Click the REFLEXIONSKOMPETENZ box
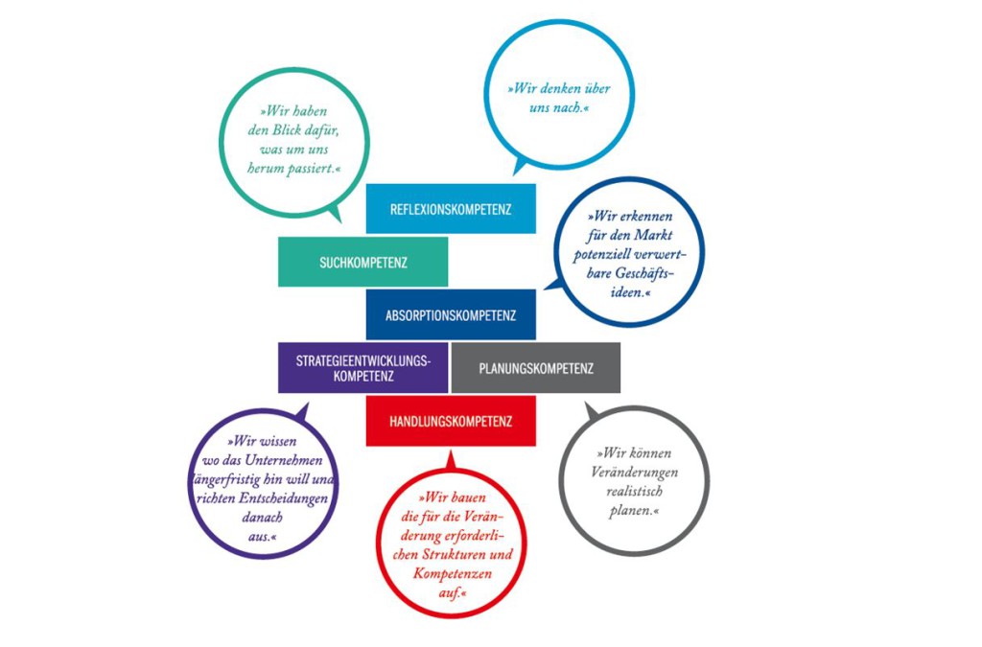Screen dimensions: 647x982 pyautogui.click(x=450, y=208)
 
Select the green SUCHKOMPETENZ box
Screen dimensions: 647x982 pyautogui.click(x=362, y=262)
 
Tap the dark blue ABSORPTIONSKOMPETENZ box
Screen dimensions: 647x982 pyautogui.click(x=450, y=314)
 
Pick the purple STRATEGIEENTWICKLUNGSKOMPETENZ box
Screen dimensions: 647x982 pyautogui.click(x=362, y=368)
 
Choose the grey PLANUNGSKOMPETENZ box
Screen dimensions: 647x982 pyautogui.click(x=535, y=368)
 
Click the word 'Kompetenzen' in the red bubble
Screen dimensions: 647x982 pyautogui.click(x=453, y=572)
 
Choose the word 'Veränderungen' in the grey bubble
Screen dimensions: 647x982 pyautogui.click(x=634, y=472)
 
